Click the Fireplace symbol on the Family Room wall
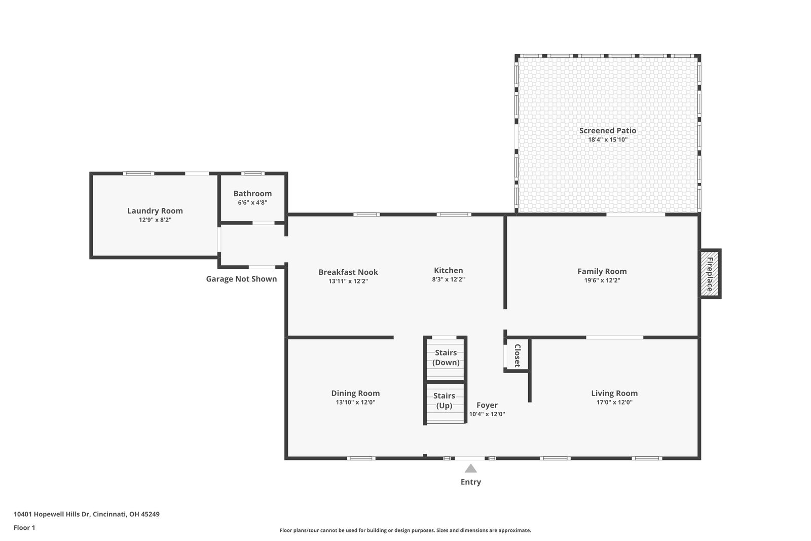pos(710,274)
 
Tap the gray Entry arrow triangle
pos(471,468)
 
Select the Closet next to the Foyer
pos(518,355)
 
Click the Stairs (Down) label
pos(446,357)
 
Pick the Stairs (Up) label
pos(444,401)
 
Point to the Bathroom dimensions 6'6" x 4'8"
pos(253,202)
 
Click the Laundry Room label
pos(155,210)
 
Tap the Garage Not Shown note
pos(241,279)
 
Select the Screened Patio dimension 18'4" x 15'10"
pos(608,139)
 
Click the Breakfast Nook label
pos(348,272)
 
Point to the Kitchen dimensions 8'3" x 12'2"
pos(448,279)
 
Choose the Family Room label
pos(602,271)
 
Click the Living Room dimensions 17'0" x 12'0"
pos(614,402)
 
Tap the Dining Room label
pos(355,393)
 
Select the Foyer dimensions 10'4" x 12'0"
pos(487,414)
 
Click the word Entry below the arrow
pos(471,482)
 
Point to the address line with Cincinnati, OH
pos(87,514)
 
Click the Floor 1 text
pos(24,528)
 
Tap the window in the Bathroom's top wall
pos(253,173)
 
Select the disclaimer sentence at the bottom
pos(405,530)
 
